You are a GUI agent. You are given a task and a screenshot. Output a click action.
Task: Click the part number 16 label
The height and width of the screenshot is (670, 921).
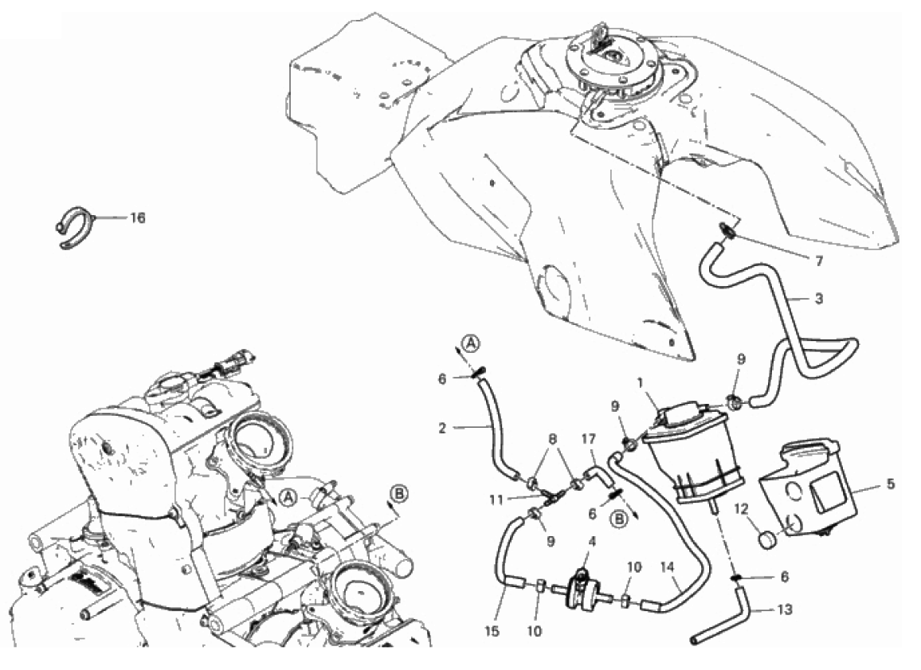tap(137, 218)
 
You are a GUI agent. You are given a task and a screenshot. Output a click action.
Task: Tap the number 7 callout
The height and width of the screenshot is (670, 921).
tap(819, 261)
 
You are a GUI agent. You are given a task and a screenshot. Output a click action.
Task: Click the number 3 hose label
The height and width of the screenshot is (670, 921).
tap(819, 298)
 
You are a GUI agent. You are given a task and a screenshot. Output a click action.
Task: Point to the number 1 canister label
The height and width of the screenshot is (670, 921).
tap(641, 383)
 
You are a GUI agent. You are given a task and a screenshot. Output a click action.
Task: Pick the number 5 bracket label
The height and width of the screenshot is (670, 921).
tap(891, 484)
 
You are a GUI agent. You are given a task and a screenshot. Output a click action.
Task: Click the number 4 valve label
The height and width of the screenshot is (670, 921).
tap(591, 541)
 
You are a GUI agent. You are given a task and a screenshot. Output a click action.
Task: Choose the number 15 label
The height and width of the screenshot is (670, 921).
tap(492, 631)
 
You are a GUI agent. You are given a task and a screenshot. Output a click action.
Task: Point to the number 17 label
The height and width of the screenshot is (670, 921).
tap(589, 438)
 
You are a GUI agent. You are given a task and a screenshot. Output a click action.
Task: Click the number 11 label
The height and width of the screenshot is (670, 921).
tap(496, 500)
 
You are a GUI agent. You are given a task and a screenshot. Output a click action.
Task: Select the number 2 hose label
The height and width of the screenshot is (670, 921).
tap(441, 428)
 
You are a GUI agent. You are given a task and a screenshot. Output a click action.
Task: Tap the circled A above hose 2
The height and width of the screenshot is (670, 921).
tap(470, 342)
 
